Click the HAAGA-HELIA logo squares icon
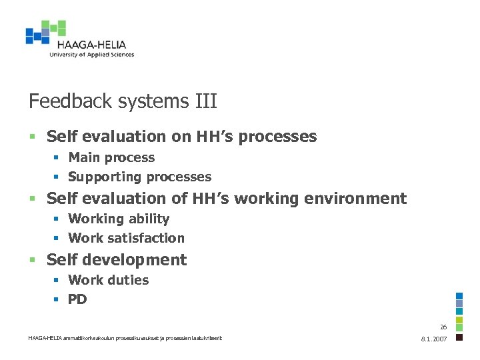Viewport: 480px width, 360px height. [45, 33]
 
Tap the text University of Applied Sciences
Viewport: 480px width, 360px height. [91, 55]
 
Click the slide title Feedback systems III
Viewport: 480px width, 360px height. [123, 101]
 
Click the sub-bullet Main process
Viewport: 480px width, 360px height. [111, 158]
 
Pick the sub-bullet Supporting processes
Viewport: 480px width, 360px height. [139, 177]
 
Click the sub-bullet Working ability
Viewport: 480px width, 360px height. [119, 219]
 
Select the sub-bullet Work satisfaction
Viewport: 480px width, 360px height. [126, 238]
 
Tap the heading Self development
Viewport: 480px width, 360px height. [117, 260]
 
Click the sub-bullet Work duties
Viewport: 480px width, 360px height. [108, 281]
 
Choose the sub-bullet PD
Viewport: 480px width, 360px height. [77, 299]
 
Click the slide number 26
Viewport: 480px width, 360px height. [443, 327]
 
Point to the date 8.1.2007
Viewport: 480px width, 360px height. [434, 339]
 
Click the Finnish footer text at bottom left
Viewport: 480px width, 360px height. [125, 338]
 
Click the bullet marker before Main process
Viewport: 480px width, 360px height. [57, 159]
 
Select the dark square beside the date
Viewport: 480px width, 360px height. [459, 337]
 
